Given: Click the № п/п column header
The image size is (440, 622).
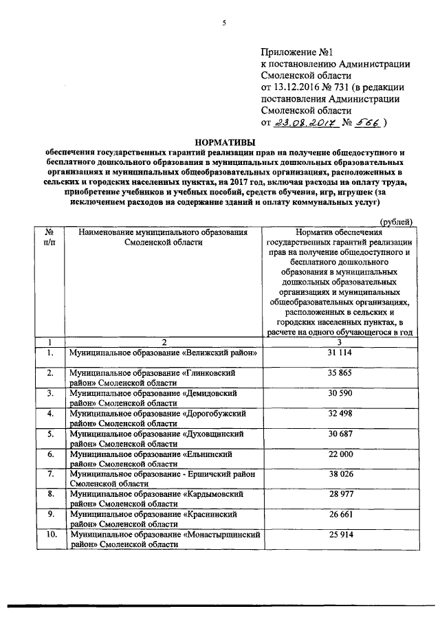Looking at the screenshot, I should (x=50, y=238).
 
